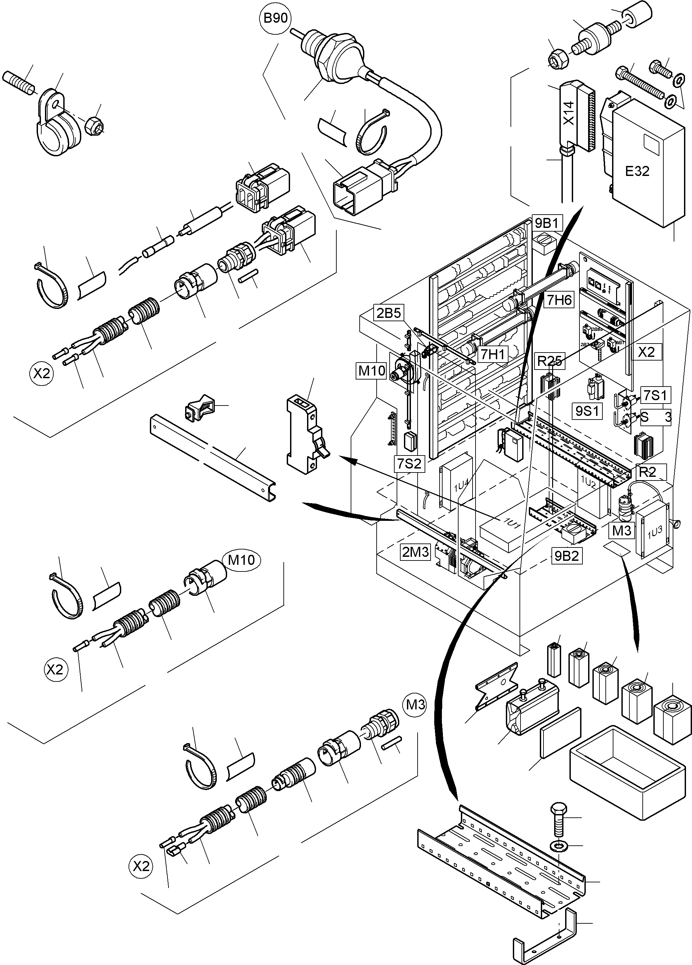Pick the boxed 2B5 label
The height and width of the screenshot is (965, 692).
click(388, 313)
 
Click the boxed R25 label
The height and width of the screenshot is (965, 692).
click(549, 361)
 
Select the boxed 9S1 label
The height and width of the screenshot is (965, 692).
click(587, 411)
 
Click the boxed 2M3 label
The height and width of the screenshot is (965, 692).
click(416, 552)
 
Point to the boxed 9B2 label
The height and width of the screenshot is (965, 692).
click(566, 556)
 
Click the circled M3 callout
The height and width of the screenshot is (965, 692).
click(415, 705)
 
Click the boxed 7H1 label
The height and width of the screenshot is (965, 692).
click(493, 353)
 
